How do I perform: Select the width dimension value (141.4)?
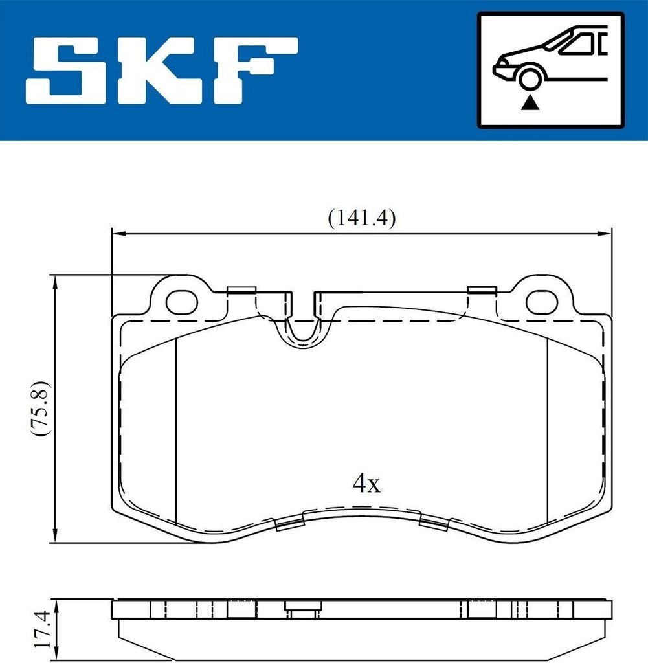point(361,218)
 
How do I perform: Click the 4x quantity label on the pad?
point(366,482)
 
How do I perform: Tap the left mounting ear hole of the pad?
point(181,301)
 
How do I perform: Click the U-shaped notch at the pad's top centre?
point(301,327)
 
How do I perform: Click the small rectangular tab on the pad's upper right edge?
point(481,289)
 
